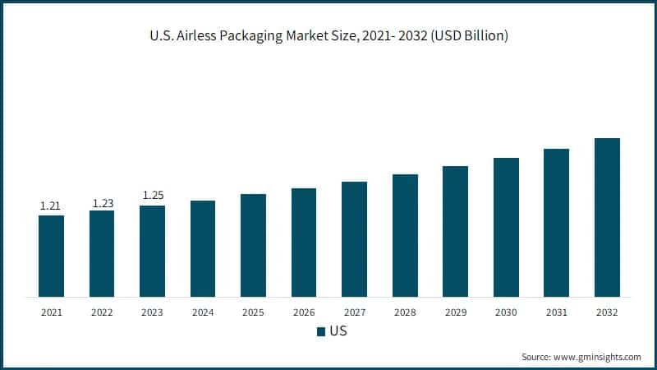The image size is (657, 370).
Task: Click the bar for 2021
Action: click(x=51, y=256)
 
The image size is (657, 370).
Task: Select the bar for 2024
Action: click(x=203, y=248)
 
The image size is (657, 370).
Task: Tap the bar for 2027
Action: click(x=354, y=238)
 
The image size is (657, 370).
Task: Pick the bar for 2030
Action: click(x=506, y=227)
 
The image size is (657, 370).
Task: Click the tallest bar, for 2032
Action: click(x=607, y=217)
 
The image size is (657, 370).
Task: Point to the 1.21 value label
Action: click(x=51, y=206)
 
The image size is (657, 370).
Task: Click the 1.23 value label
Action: click(x=102, y=202)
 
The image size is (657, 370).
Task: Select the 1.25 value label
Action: click(x=153, y=196)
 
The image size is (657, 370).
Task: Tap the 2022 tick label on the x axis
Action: click(x=102, y=312)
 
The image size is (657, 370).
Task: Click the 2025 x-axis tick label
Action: click(x=253, y=312)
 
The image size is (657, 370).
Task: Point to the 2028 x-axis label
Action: click(x=405, y=312)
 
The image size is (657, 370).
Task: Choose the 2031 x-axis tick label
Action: click(x=556, y=312)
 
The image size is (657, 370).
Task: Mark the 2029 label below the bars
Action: click(x=455, y=312)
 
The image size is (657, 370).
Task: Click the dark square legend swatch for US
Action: click(x=320, y=332)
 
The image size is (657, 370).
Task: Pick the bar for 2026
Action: click(x=304, y=243)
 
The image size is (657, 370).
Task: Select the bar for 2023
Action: click(x=152, y=251)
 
